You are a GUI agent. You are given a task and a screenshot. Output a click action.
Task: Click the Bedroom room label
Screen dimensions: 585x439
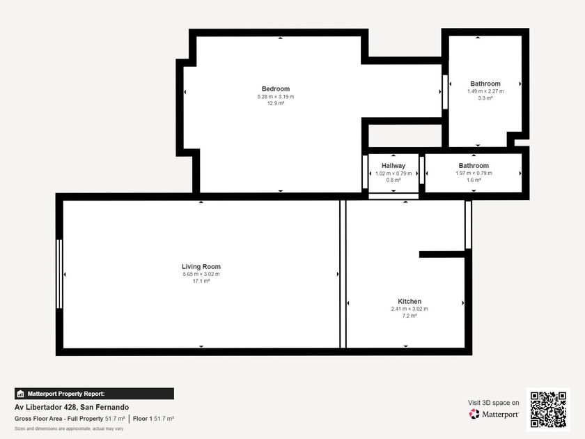click(276, 89)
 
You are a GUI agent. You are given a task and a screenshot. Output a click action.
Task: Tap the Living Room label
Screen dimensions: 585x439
click(201, 266)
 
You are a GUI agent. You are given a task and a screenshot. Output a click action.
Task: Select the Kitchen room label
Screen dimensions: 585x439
click(409, 301)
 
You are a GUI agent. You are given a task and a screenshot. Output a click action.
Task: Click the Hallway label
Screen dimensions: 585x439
click(393, 165)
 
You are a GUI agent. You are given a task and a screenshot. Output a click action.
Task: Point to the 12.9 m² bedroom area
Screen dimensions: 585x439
click(276, 103)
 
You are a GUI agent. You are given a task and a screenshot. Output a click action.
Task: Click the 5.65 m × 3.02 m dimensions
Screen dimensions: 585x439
click(201, 274)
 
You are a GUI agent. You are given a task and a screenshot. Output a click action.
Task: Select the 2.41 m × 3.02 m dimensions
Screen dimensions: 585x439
click(409, 309)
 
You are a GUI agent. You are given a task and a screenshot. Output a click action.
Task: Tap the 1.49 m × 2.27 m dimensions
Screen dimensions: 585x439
click(485, 91)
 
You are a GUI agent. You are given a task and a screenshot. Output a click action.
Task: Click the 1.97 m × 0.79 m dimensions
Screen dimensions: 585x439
click(474, 174)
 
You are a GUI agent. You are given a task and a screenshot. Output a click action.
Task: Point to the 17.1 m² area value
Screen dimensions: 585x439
click(201, 281)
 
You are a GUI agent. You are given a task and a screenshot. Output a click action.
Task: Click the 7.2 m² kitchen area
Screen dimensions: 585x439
click(409, 316)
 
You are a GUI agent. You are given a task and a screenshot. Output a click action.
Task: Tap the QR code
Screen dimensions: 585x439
click(549, 410)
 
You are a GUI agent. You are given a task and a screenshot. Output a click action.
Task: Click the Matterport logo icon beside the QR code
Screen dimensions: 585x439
click(474, 414)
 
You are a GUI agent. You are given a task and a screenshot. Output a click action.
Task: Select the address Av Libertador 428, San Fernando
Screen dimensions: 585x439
click(72, 407)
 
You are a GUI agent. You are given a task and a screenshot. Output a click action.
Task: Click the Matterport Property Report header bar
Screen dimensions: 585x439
click(94, 394)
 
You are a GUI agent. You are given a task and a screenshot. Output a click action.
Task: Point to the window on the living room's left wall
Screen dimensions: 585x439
click(59, 274)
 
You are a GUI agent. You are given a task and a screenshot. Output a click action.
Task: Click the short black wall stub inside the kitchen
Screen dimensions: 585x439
click(442, 254)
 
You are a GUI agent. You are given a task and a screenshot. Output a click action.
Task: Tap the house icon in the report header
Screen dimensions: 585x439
click(20, 394)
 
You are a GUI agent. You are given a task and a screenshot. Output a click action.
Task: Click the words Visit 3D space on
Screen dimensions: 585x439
click(493, 403)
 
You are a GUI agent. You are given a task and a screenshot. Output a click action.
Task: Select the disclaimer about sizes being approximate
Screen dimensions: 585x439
click(69, 429)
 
